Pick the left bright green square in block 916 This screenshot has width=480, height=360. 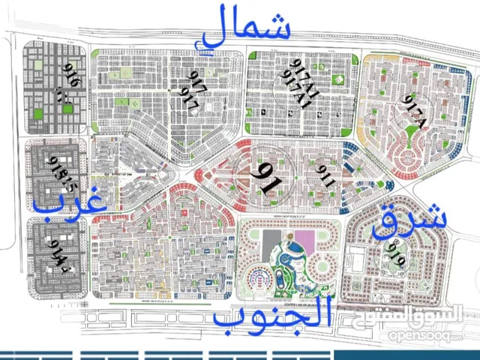point(37,113)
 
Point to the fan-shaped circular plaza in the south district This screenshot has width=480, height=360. point(256,280)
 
